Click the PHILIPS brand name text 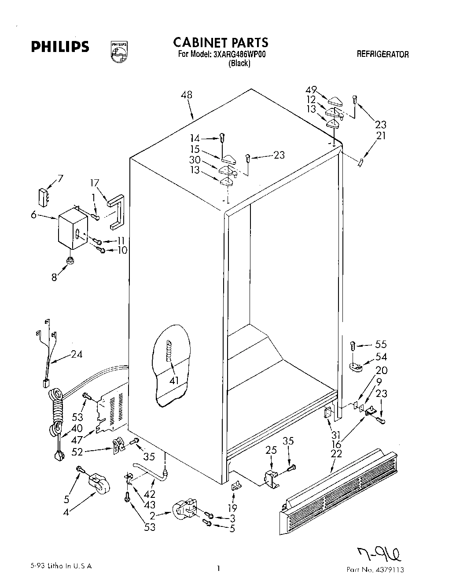pyautogui.click(x=60, y=47)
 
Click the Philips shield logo pyautogui.click(x=119, y=52)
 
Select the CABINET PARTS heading pyautogui.click(x=221, y=43)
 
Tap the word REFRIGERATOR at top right pyautogui.click(x=382, y=55)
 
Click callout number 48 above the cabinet pyautogui.click(x=186, y=95)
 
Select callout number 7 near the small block pyautogui.click(x=60, y=179)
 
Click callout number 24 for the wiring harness pyautogui.click(x=77, y=354)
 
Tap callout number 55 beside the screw pyautogui.click(x=381, y=345)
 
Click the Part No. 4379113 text pyautogui.click(x=375, y=570)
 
